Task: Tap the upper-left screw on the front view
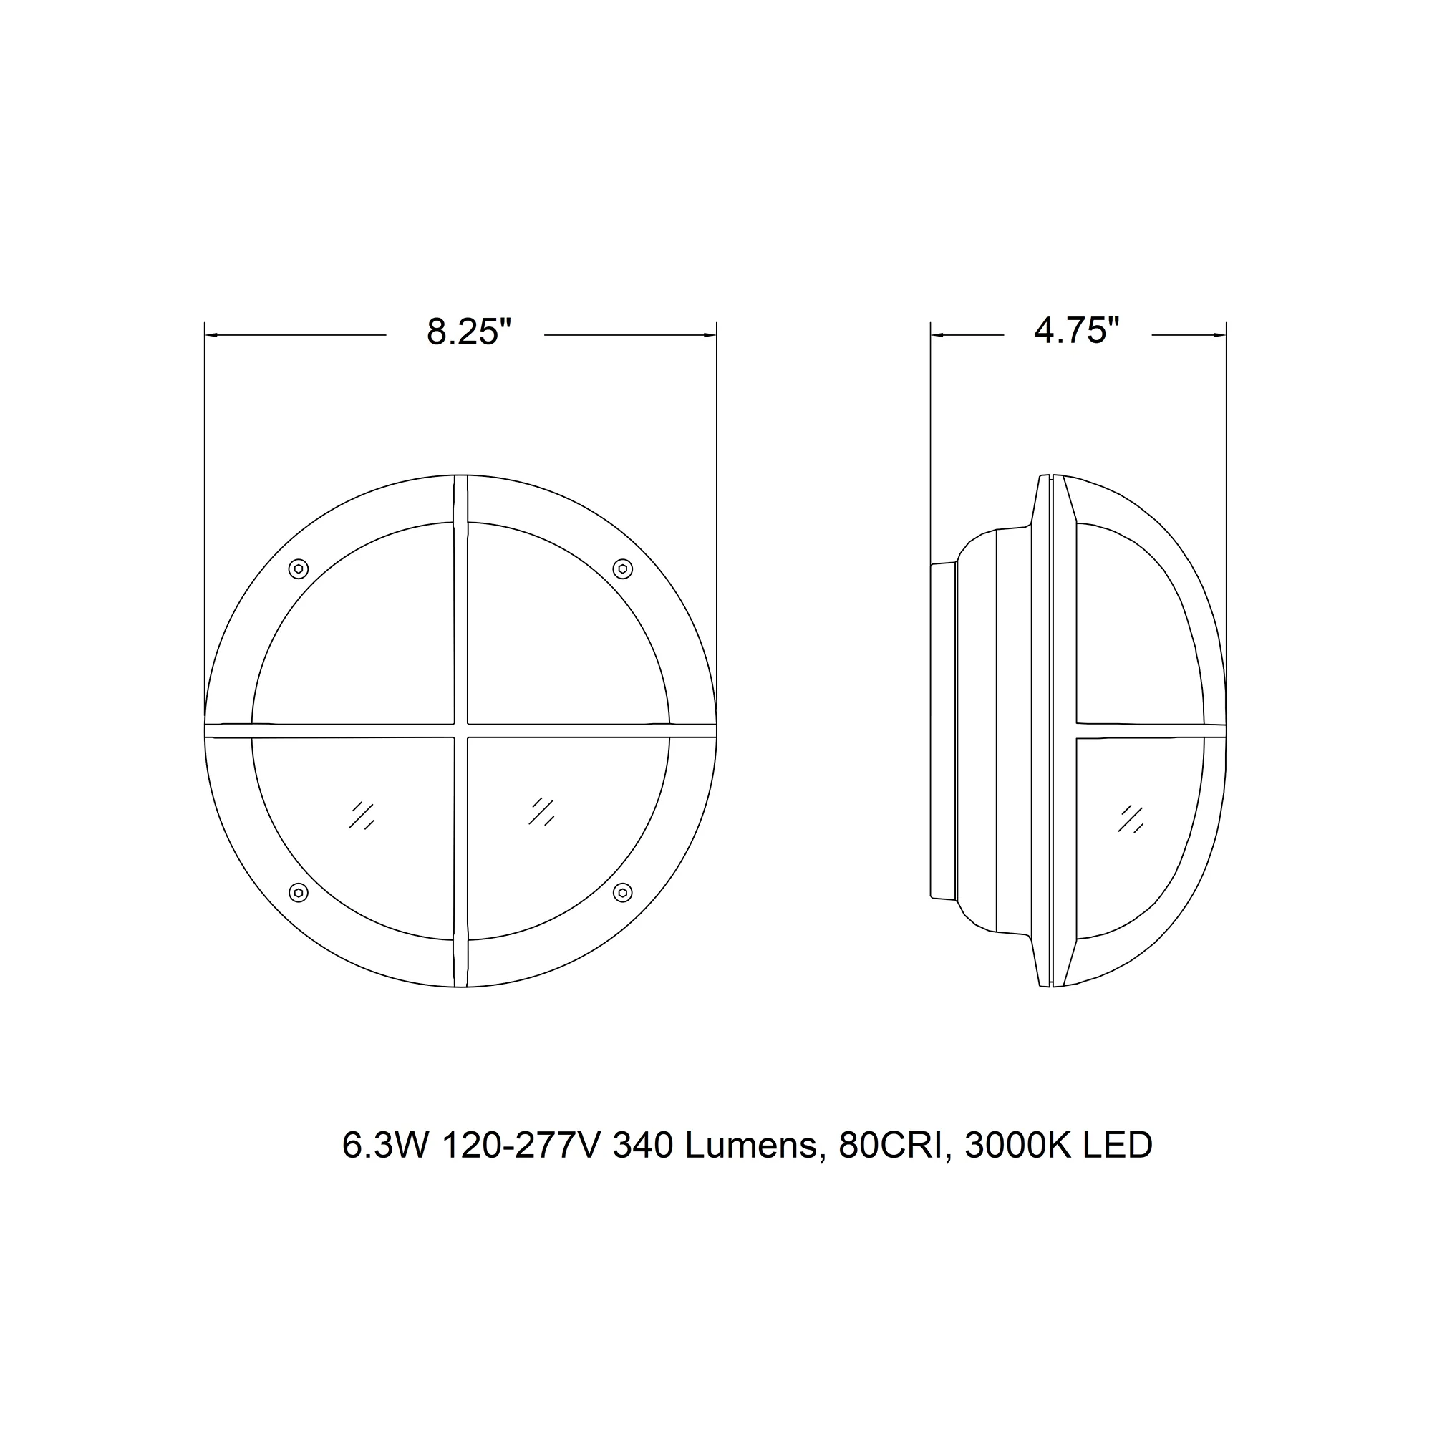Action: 298,569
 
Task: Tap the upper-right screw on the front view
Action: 623,569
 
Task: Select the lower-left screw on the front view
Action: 298,893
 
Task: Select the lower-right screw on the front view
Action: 623,893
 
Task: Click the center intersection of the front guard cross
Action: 460,731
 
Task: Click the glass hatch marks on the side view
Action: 1131,818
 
